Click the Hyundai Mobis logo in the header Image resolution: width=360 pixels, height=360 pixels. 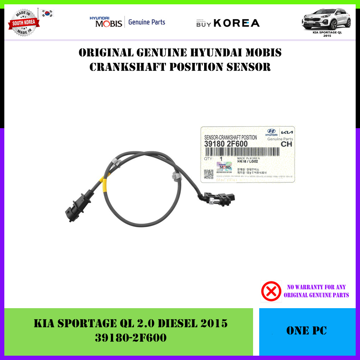click(106, 22)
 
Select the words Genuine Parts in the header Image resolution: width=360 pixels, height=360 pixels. click(147, 22)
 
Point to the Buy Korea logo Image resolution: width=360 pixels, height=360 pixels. click(228, 23)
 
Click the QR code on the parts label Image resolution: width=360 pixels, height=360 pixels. click(209, 174)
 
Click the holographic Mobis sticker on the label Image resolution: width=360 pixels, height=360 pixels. click(224, 167)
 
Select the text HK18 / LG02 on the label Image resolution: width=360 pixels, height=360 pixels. click(248, 162)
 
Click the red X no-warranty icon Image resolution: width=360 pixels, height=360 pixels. click(271, 291)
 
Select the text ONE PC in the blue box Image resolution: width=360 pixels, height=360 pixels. click(307, 331)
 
